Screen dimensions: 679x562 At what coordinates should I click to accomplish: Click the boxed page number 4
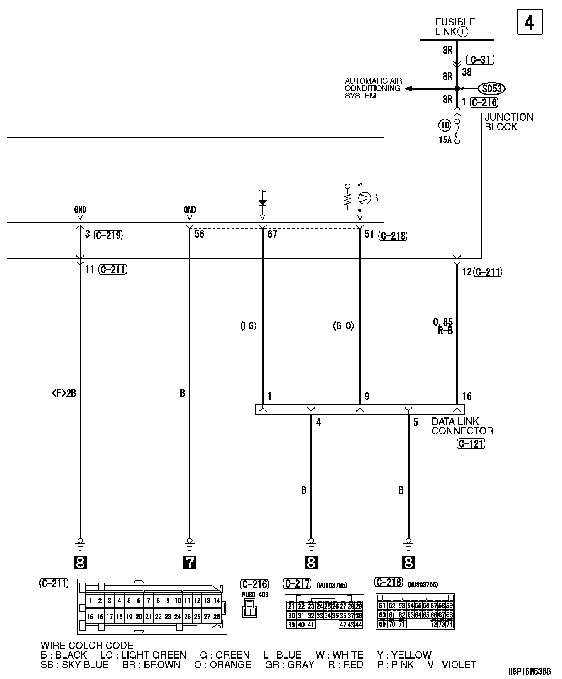click(x=529, y=23)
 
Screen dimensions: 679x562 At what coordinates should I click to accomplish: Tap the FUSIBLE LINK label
click(x=454, y=27)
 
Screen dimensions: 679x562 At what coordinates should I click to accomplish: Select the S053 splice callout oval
click(x=491, y=89)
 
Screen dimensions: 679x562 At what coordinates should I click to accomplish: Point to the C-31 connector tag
click(x=480, y=60)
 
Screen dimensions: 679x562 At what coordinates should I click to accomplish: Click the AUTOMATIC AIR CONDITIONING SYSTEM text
click(x=373, y=88)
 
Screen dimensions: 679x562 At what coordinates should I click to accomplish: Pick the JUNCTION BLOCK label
click(x=508, y=122)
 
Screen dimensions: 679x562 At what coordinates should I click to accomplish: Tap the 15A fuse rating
click(x=445, y=140)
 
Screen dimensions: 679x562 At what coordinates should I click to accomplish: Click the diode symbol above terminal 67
click(x=262, y=203)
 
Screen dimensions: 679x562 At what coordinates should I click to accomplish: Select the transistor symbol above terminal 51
click(x=364, y=198)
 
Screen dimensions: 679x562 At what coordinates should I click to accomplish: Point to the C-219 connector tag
click(x=108, y=235)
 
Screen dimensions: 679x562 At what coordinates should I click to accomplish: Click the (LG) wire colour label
click(x=248, y=326)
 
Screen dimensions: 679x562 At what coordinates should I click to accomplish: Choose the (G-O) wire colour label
click(x=343, y=326)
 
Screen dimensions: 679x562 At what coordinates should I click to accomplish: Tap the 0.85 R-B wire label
click(x=444, y=326)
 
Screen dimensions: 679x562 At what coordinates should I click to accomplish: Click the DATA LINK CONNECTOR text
click(x=462, y=426)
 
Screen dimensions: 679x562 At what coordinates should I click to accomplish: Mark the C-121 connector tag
click(x=471, y=444)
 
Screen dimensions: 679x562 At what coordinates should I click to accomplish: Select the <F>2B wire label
click(x=64, y=393)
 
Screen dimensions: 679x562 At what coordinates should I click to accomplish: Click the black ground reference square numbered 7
click(x=190, y=563)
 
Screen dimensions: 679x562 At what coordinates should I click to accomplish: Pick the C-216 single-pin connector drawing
click(x=250, y=609)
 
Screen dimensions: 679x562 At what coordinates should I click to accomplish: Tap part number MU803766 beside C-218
click(x=423, y=585)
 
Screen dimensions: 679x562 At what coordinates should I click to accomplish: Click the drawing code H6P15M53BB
click(x=529, y=672)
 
